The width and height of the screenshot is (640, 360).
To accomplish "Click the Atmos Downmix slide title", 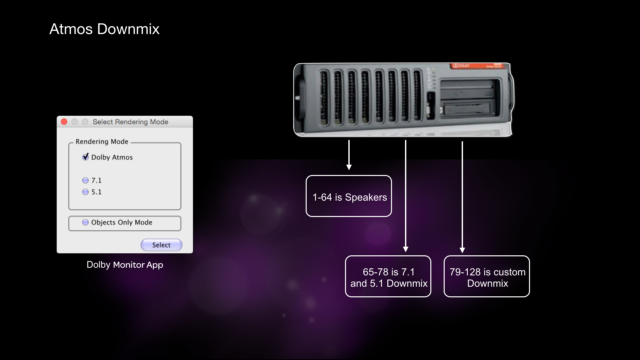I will coord(104,29).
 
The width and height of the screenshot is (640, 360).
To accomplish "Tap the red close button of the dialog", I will coord(64,122).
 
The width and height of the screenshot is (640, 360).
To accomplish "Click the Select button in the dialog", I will coord(161,245).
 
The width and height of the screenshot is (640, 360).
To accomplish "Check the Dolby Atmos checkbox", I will coord(86,157).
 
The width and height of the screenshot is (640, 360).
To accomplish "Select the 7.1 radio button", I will coord(86,180).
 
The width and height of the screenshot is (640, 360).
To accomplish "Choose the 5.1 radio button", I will coord(86,192).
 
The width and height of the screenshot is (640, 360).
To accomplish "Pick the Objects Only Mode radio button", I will coord(86,222).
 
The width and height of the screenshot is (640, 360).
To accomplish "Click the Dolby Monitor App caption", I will coord(125,265).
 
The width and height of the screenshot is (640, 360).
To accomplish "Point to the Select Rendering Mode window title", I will coord(130,122).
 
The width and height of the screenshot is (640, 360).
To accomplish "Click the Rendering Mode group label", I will coord(102,142).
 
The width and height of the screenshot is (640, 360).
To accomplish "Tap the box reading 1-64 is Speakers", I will coord(349,196).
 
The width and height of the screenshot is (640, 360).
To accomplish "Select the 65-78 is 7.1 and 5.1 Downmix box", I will coord(388,277).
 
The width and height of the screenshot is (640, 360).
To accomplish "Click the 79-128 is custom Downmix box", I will coord(487,277).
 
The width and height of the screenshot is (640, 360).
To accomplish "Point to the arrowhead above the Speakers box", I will coord(349,167).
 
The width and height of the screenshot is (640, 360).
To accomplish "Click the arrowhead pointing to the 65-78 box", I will coord(406,249).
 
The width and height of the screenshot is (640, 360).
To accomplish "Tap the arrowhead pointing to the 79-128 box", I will coord(462,250).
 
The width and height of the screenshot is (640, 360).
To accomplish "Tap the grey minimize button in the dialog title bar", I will coord(75,122).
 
